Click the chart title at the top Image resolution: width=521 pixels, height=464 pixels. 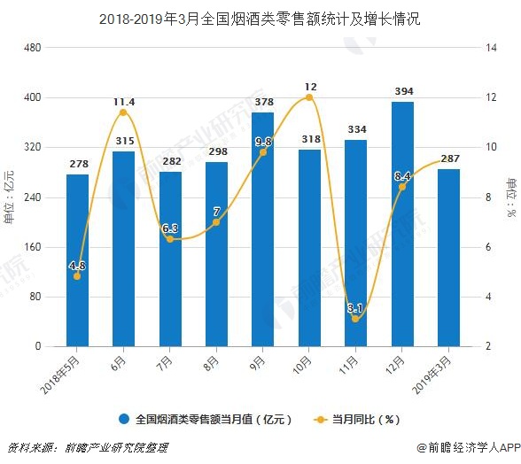(260, 19)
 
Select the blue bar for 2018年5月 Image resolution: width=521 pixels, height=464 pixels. (77, 260)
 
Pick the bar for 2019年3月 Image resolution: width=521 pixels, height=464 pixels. (448, 257)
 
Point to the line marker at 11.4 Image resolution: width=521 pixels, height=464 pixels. (124, 112)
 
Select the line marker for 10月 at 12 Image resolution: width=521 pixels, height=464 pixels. (309, 97)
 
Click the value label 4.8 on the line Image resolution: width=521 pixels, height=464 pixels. (77, 266)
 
